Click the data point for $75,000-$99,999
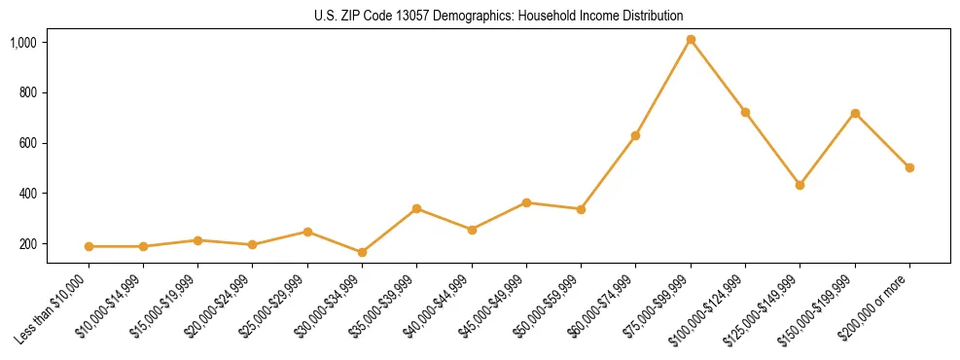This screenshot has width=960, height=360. pyautogui.click(x=691, y=40)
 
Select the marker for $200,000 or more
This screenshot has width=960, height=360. pyautogui.click(x=909, y=167)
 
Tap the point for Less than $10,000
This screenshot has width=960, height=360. pyautogui.click(x=89, y=246)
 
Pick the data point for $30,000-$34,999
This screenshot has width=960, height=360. pyautogui.click(x=363, y=252)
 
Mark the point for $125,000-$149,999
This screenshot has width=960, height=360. pyautogui.click(x=800, y=185)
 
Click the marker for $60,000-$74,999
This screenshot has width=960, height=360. pyautogui.click(x=635, y=135)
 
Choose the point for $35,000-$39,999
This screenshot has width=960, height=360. pyautogui.click(x=417, y=208)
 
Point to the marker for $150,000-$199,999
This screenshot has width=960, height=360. pyautogui.click(x=855, y=113)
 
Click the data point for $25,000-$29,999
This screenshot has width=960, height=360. pyautogui.click(x=307, y=232)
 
